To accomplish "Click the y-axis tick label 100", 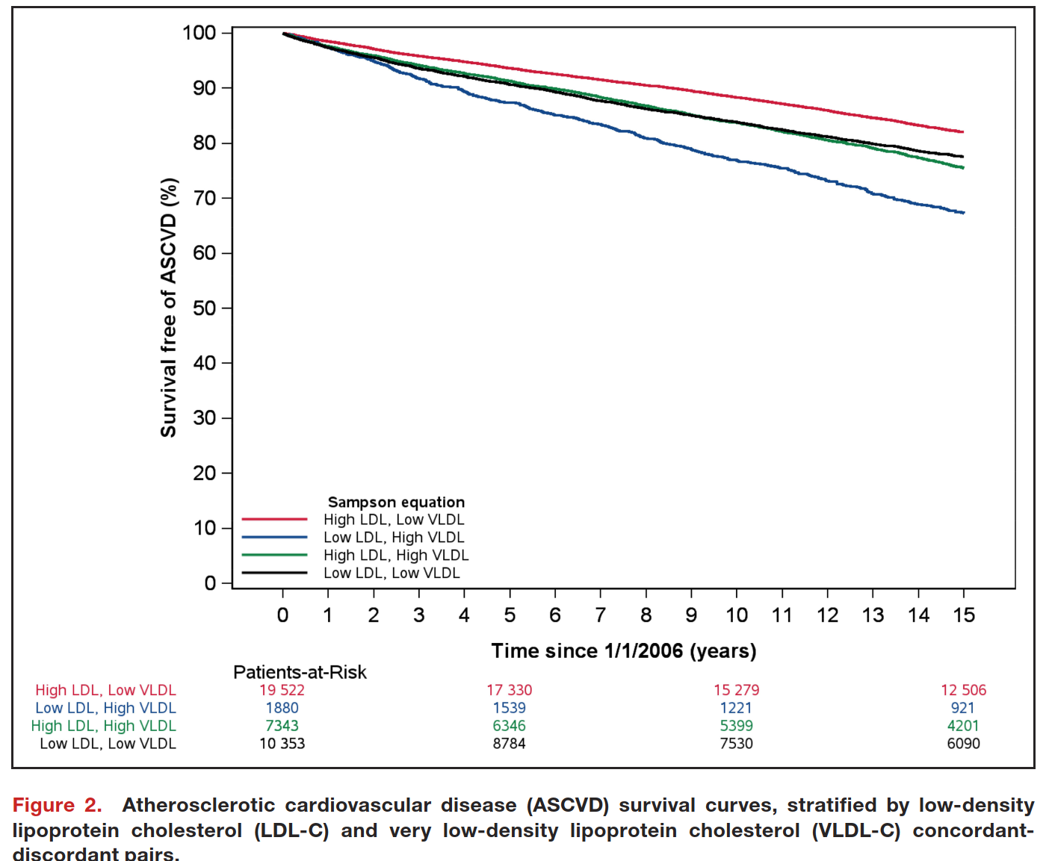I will [x=199, y=33].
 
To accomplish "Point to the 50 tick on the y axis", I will [x=204, y=308].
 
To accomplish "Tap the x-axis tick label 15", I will [x=964, y=615].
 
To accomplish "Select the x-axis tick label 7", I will [x=601, y=615].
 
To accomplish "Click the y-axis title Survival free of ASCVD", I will [x=170, y=308].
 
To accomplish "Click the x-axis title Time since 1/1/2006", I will [x=624, y=651].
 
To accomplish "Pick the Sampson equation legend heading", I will [x=396, y=503].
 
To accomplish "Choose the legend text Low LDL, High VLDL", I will [x=394, y=538].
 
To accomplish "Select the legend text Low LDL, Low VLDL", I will [x=392, y=574].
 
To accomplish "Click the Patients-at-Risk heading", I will [x=300, y=672].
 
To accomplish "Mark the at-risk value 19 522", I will [x=282, y=690].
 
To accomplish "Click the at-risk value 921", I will [x=963, y=708].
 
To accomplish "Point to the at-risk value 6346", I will [x=509, y=726].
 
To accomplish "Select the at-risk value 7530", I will [x=736, y=744].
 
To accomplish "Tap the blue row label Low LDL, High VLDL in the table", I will [x=105, y=708].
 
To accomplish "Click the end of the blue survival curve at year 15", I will [x=963, y=213].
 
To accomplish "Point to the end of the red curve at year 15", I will [x=963, y=132].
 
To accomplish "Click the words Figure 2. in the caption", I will [x=57, y=806].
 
